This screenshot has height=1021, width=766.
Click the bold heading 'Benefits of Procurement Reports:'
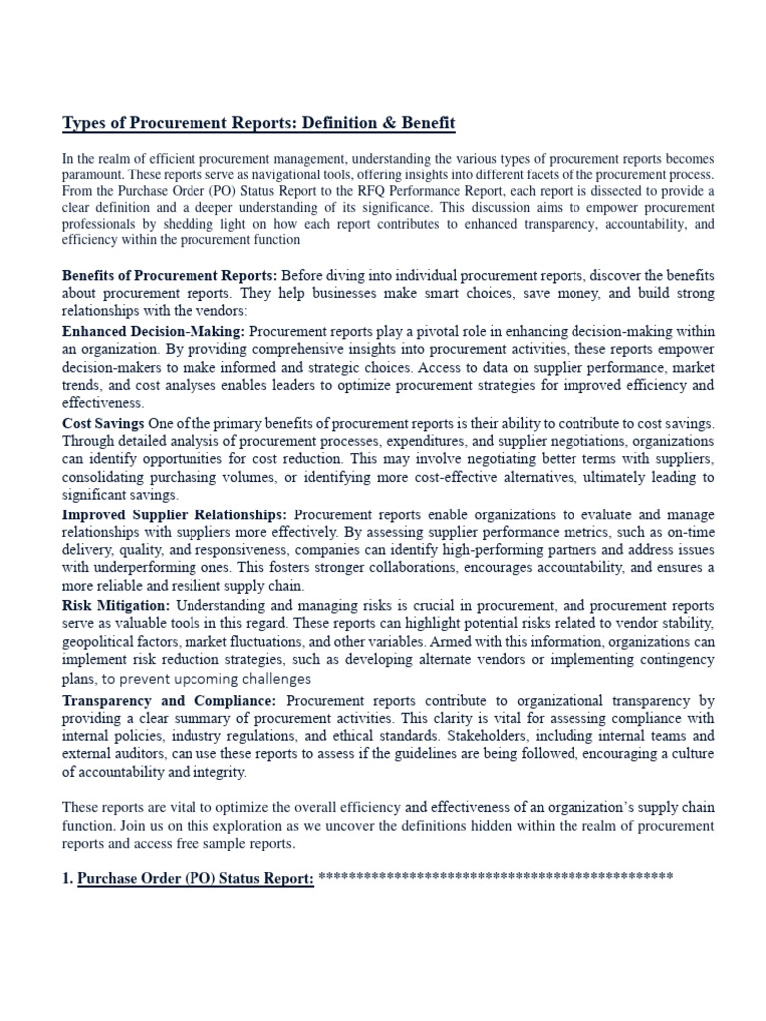click(170, 275)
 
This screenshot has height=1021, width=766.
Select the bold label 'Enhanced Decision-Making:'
click(154, 329)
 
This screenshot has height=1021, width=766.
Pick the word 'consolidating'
click(106, 477)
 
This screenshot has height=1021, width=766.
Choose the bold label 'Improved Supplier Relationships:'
click(175, 515)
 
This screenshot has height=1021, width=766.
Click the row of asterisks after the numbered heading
click(496, 877)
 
